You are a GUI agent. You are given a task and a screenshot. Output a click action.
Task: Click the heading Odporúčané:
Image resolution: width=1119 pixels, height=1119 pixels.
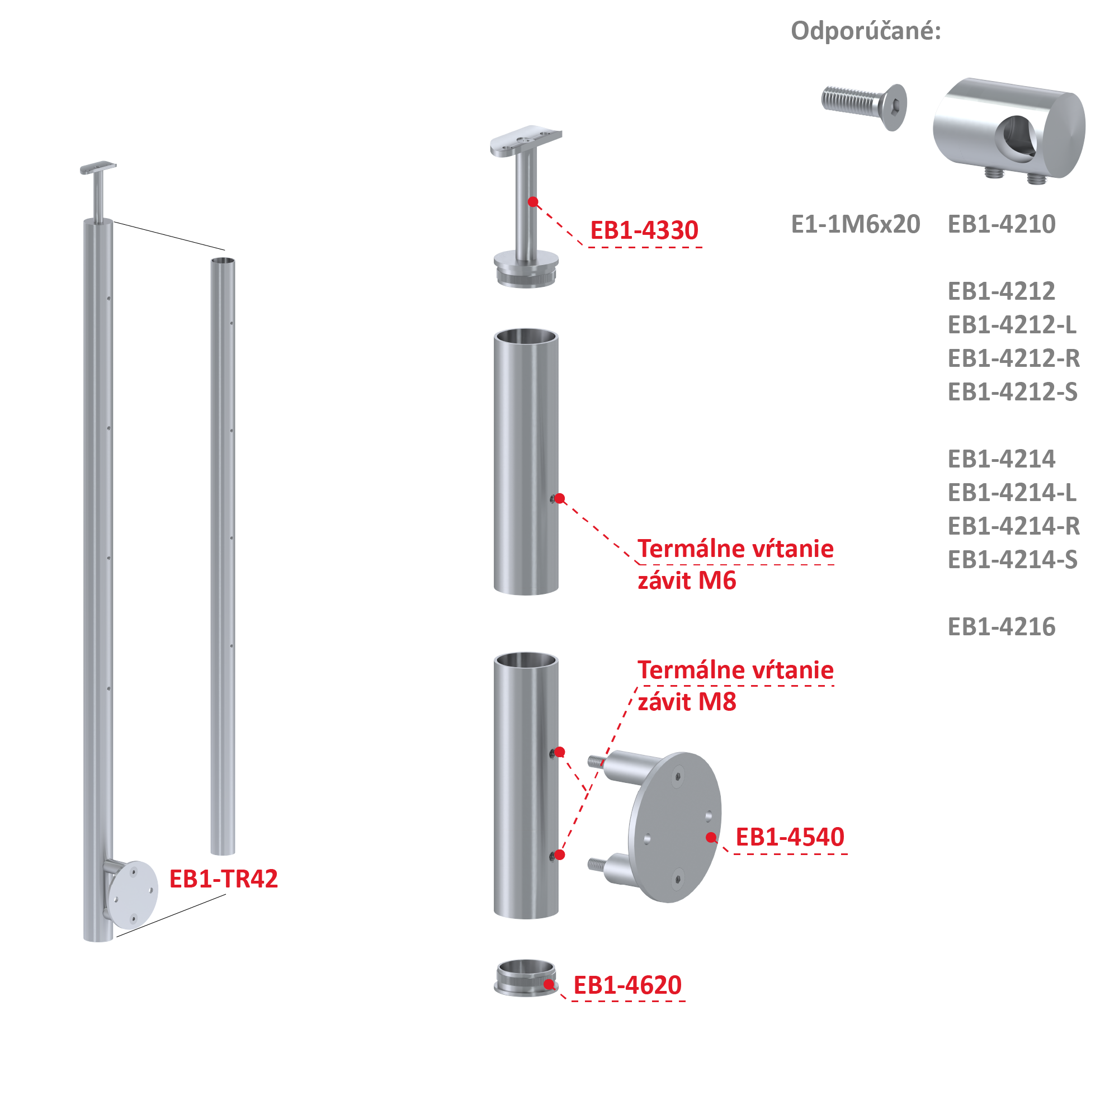[x=866, y=31]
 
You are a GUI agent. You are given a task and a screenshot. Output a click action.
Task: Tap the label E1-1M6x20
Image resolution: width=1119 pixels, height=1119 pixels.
[x=856, y=224]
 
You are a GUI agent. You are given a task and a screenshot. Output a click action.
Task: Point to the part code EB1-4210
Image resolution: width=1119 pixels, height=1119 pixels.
[x=1002, y=224]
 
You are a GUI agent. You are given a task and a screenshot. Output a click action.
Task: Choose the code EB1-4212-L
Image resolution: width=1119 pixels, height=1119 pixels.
[x=1012, y=325]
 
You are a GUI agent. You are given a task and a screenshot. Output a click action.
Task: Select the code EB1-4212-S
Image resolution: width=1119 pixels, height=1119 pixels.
[x=1012, y=392]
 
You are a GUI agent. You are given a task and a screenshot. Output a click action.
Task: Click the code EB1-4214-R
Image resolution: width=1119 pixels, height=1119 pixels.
[x=1013, y=526]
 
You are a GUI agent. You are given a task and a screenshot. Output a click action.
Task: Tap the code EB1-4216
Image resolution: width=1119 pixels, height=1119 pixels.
[x=1002, y=627]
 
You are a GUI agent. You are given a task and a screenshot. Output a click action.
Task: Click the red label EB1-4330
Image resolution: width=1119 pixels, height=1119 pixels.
[x=644, y=230]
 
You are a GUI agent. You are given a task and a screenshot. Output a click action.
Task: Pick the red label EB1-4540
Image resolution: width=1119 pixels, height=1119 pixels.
[x=790, y=837]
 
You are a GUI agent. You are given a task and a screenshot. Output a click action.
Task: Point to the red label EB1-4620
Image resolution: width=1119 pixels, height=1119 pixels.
[x=627, y=985]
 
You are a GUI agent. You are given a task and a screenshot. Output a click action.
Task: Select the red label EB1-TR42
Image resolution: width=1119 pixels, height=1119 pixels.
[x=224, y=879]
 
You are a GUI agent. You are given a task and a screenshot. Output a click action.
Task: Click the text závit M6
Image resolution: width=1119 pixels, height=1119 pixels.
[x=686, y=580]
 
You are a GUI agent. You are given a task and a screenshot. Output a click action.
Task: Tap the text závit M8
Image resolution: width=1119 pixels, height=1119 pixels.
[x=686, y=702]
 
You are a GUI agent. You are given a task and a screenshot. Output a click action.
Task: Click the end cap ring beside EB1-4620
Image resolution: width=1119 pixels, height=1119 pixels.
[x=526, y=978]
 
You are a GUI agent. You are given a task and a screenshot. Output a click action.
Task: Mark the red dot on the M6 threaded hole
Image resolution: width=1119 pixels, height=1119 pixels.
[x=559, y=499]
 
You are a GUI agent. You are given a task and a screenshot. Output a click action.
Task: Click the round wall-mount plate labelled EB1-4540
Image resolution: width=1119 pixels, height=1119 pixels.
[x=676, y=827]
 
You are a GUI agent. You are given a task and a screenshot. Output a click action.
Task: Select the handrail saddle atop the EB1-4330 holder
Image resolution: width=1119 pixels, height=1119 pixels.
[x=525, y=141]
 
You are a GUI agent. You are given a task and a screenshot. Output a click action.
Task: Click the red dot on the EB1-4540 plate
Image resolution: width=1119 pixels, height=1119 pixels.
[x=711, y=837]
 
